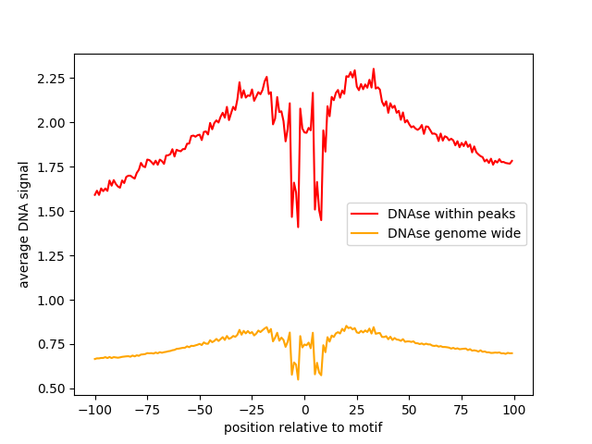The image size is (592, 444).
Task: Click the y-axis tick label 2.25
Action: [54, 78]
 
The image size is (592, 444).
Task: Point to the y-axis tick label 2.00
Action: [54, 122]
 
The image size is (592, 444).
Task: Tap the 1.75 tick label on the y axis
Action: [54, 166]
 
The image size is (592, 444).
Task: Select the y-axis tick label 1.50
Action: [54, 211]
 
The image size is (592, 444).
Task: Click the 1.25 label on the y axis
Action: [54, 255]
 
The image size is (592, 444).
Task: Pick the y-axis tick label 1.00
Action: [54, 300]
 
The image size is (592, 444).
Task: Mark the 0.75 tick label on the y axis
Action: [54, 344]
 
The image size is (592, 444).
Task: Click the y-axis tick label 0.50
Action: [54, 388]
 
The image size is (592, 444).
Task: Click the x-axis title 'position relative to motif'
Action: [303, 427]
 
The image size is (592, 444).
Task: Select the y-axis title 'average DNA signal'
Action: [24, 224]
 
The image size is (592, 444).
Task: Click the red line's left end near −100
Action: [95, 194]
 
